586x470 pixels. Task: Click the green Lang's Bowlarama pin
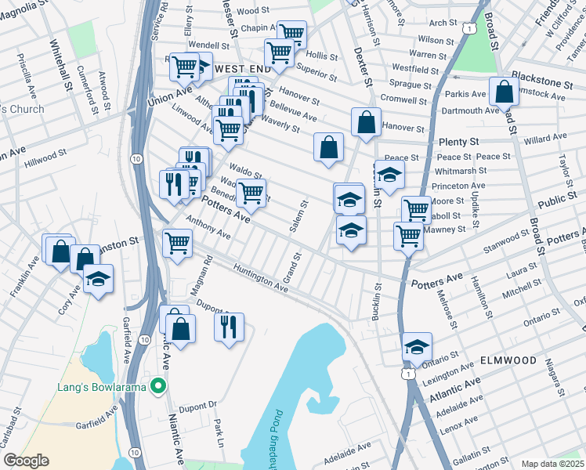[158, 385]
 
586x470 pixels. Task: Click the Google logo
[26, 461]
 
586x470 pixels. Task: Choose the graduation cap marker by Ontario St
[418, 346]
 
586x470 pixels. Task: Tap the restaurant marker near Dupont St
[229, 327]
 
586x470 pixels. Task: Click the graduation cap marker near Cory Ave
[98, 279]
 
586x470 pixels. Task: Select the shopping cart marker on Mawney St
[408, 235]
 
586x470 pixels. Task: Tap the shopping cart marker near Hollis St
[291, 34]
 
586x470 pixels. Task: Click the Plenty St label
[458, 142]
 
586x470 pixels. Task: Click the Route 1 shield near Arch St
[468, 27]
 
